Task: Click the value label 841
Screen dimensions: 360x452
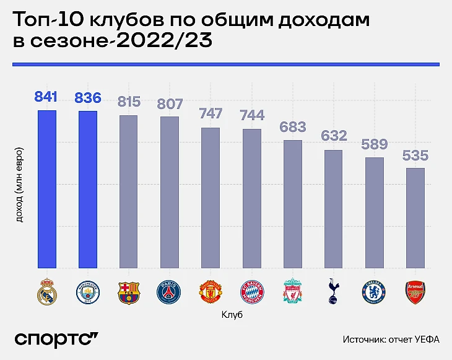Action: [47, 97]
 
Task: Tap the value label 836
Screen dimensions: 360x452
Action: [88, 98]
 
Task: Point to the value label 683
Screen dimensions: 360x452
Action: [293, 127]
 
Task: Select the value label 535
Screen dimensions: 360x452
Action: [415, 155]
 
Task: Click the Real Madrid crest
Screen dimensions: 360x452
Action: [47, 292]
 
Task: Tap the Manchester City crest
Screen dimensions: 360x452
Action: [88, 292]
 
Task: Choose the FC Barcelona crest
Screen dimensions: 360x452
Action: [129, 292]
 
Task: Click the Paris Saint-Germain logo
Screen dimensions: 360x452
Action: [170, 292]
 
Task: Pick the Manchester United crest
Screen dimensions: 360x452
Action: [211, 292]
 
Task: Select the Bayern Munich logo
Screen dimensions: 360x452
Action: [251, 292]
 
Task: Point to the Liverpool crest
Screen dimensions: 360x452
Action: [292, 292]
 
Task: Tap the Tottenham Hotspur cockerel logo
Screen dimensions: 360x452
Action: [334, 292]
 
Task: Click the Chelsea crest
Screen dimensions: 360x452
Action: [375, 292]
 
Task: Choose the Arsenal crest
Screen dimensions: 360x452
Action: [415, 292]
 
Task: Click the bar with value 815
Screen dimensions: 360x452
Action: [129, 192]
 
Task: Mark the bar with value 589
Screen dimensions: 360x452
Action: [375, 213]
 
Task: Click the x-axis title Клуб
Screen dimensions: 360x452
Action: [232, 315]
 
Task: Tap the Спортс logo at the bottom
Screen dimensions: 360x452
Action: [56, 339]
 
